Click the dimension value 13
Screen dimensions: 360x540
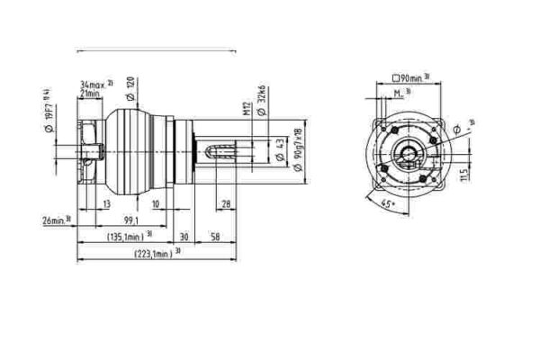106,205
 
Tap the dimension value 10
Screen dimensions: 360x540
156,205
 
